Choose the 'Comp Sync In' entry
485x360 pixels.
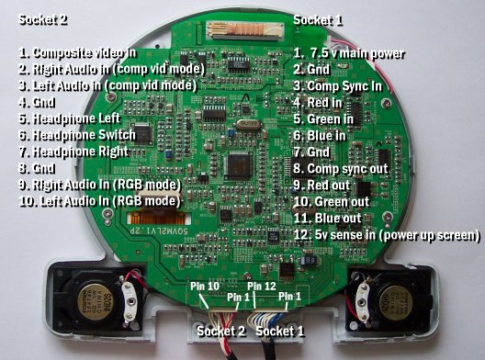tap(344, 85)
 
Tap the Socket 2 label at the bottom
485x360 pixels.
tap(220, 329)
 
